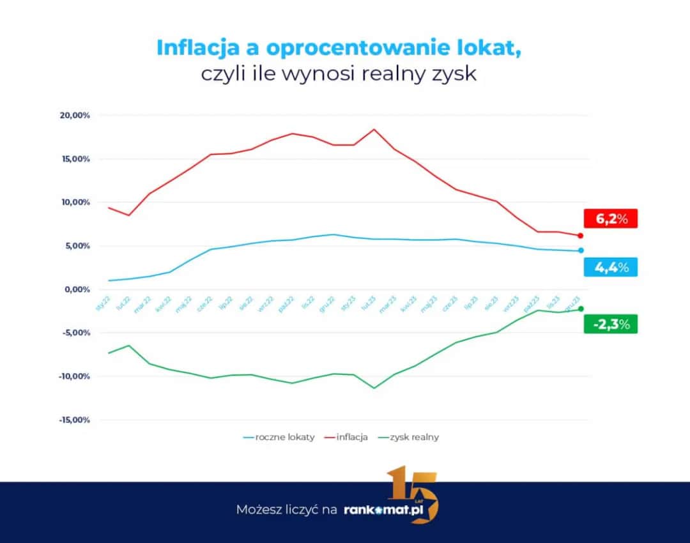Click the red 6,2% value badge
[610, 218]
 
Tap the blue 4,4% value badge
[610, 267]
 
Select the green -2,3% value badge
[610, 324]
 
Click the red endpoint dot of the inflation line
[580, 236]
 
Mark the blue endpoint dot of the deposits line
[580, 250]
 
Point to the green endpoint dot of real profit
[580, 309]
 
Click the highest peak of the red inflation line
[374, 129]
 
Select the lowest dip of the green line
[374, 388]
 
